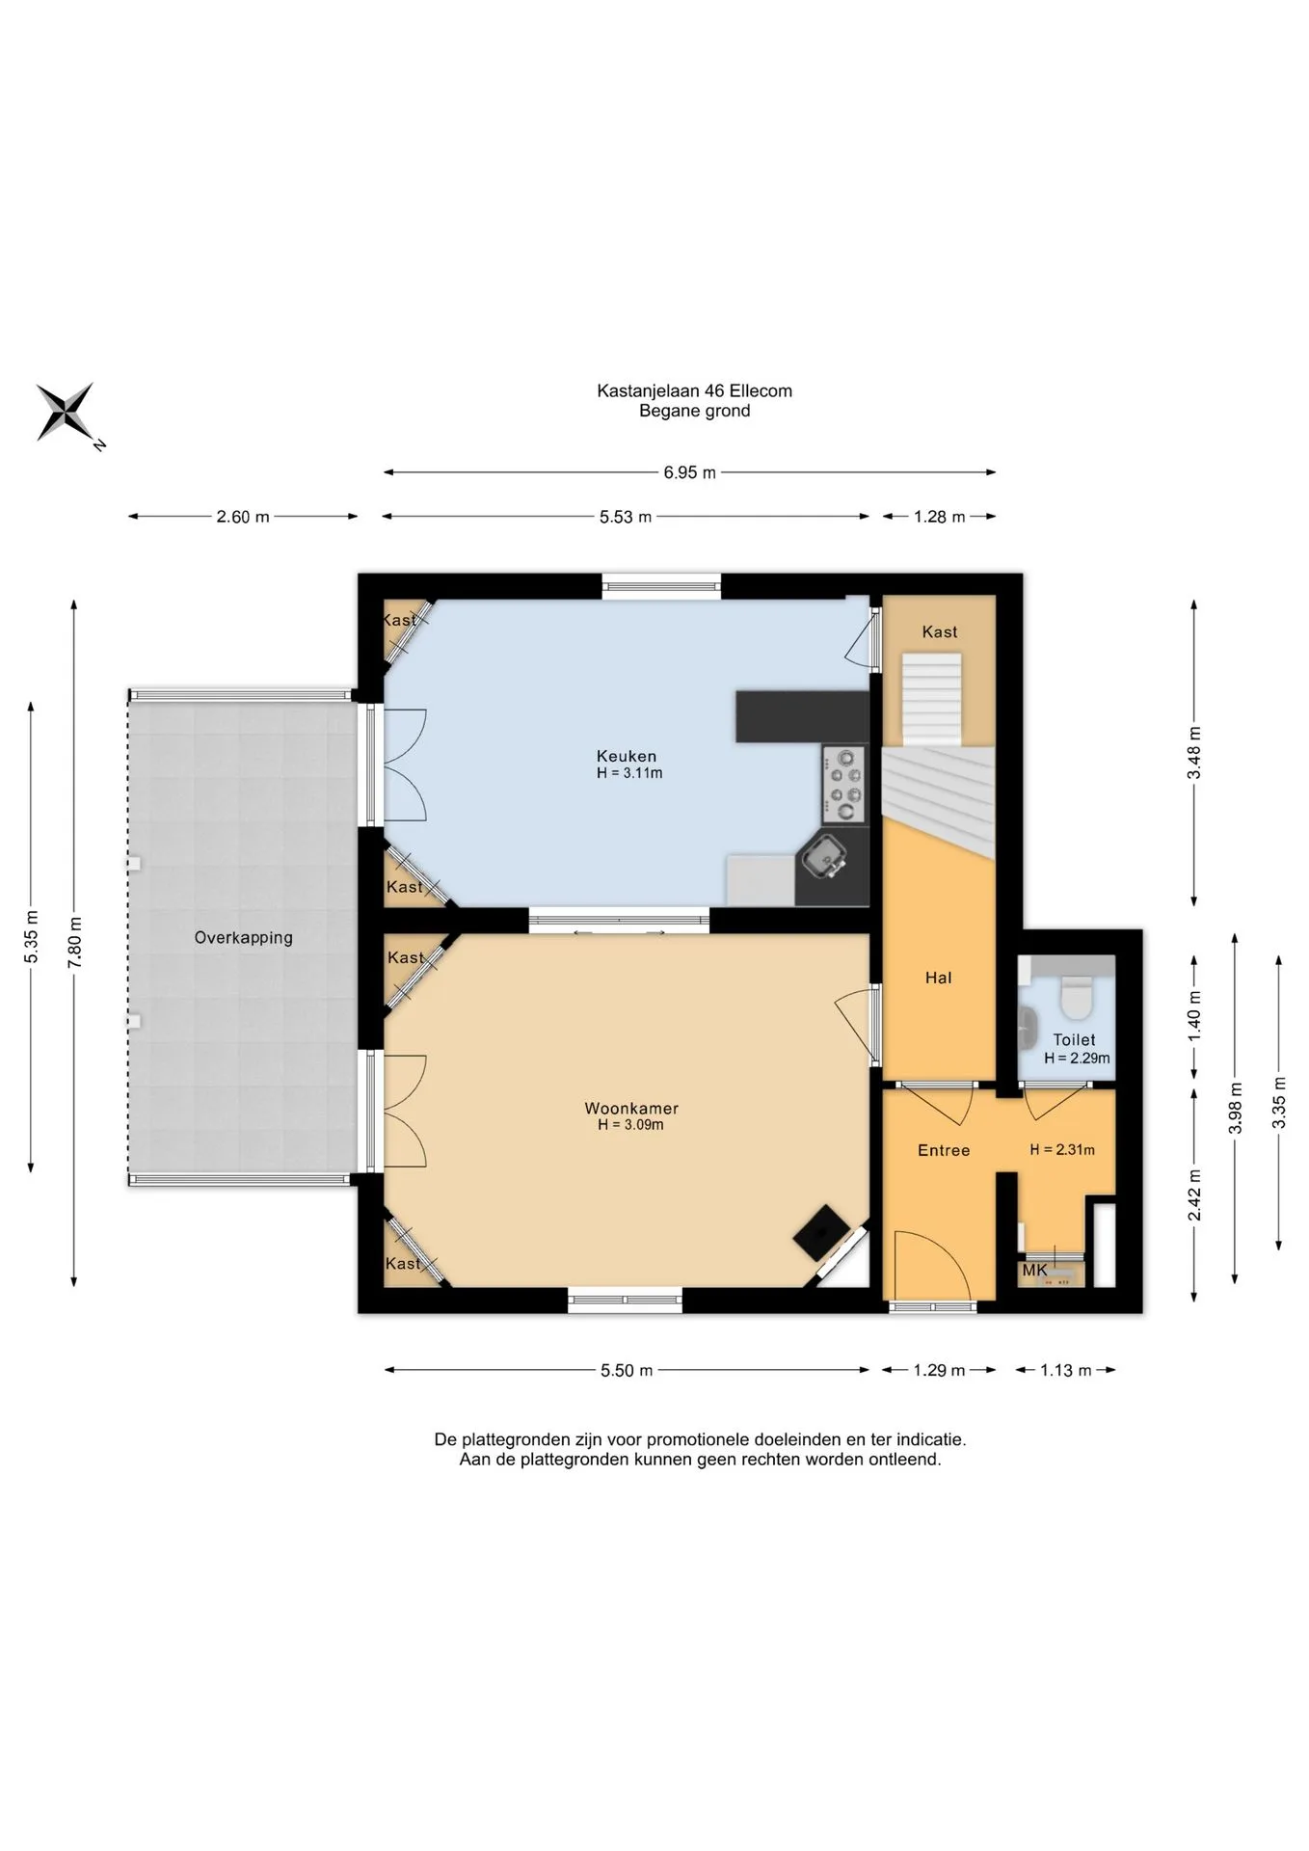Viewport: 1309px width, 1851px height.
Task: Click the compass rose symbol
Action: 66,412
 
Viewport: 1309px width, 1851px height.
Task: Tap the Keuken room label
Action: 627,757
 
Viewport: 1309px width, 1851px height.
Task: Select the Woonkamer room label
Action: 631,1109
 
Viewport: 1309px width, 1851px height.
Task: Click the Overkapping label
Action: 243,937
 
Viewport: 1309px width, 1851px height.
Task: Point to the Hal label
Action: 938,978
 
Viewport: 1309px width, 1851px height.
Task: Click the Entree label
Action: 944,1150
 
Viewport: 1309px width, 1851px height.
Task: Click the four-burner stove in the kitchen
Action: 844,785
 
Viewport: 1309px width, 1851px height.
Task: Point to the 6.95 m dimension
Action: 689,472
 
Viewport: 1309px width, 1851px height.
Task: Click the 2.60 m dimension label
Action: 243,517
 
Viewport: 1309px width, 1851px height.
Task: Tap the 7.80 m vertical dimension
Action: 74,943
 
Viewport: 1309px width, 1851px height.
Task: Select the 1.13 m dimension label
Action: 1066,1370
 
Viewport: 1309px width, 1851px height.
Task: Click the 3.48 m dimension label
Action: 1194,753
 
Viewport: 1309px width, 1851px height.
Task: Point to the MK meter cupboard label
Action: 1034,1271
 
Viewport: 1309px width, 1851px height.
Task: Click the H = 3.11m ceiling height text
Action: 629,773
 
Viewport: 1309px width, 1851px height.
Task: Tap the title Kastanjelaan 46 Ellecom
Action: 694,390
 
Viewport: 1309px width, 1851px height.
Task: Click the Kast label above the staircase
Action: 940,631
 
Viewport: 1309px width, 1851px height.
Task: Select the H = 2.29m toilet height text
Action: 1077,1058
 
